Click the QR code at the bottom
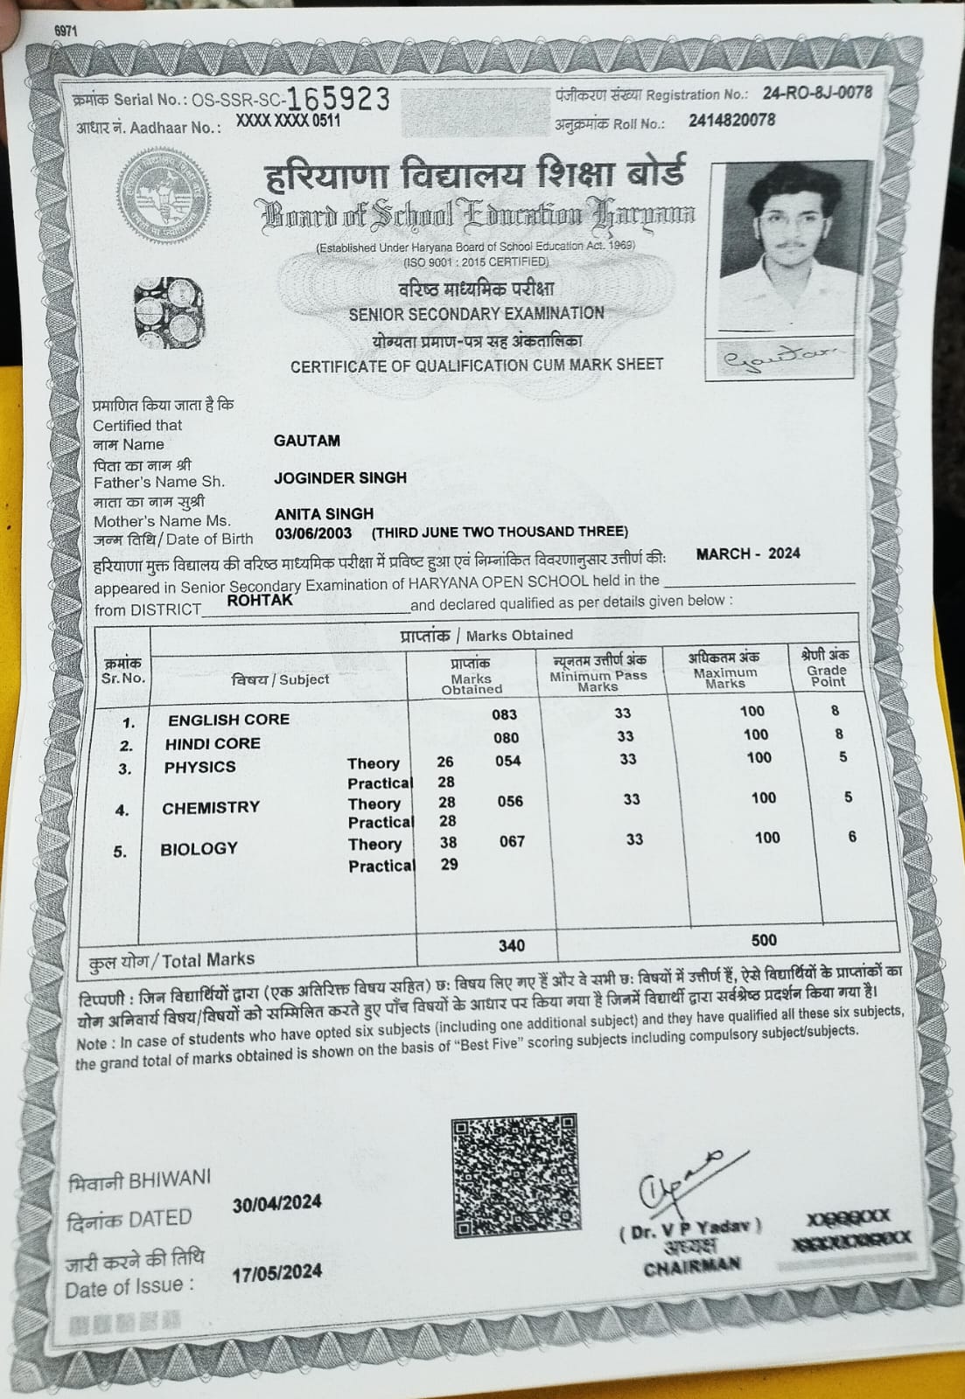pos(515,1175)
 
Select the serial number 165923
pos(339,99)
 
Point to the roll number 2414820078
pos(731,121)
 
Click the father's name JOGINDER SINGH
pos(340,477)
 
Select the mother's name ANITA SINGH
pos(324,513)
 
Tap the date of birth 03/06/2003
pos(313,532)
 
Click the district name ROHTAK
pos(260,600)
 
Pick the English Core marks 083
pos(505,714)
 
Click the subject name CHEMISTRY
pos(211,808)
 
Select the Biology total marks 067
pos(512,841)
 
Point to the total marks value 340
pos(512,945)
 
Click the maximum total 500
pos(764,940)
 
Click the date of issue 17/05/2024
pos(276,1272)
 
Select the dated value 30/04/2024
pos(276,1204)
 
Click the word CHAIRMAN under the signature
pos(692,1265)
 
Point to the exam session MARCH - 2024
pos(748,553)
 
